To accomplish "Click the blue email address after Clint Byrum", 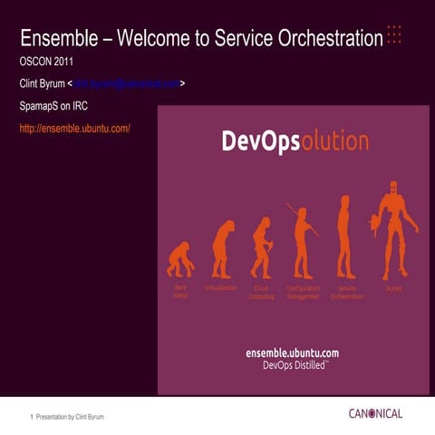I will tap(127, 84).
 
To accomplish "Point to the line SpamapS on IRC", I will tap(53, 106).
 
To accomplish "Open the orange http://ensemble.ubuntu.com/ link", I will tap(75, 128).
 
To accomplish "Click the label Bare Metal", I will tap(180, 292).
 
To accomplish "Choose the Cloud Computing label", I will tap(261, 292).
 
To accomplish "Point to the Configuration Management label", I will tap(304, 292).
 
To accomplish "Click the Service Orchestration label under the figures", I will tap(346, 292).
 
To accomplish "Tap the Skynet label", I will tap(393, 288).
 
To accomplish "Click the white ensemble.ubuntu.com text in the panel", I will tap(293, 352).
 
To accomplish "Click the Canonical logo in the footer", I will tap(374, 414).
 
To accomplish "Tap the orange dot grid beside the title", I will tap(394, 34).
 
